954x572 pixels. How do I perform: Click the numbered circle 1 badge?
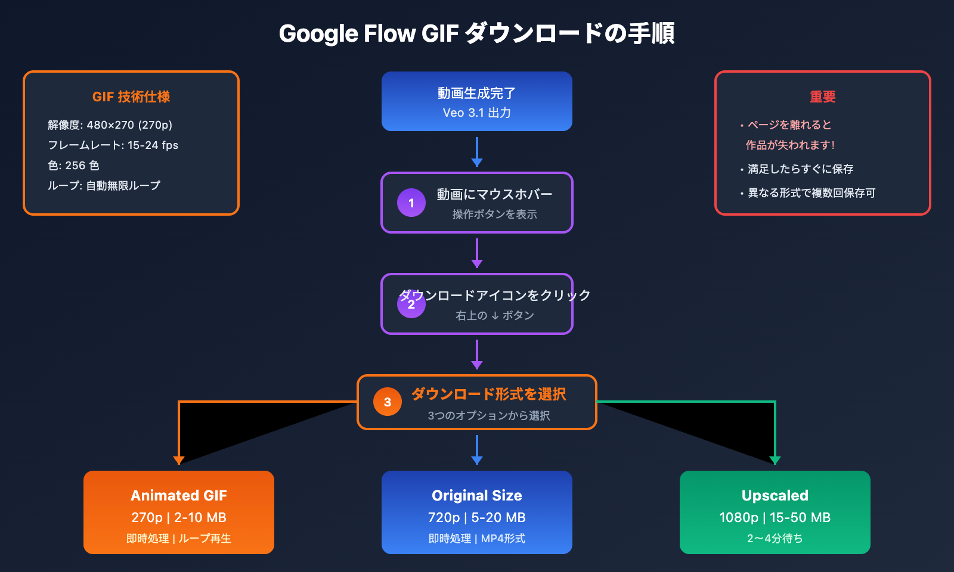pos(411,203)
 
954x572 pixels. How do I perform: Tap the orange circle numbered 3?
pos(388,402)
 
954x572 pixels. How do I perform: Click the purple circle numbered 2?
pos(411,304)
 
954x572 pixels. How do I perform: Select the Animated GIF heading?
pos(179,495)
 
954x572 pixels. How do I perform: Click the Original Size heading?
pos(477,495)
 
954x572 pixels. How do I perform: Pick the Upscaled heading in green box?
pos(775,495)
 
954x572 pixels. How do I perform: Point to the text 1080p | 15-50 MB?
pos(775,517)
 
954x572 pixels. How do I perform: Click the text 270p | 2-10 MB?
pos(179,517)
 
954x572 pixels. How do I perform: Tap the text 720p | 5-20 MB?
pos(477,517)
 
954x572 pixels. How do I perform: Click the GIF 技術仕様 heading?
pos(131,97)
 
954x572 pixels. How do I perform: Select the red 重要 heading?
pos(823,97)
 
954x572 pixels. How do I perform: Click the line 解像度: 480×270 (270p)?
pos(110,125)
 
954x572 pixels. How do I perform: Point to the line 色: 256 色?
pos(74,166)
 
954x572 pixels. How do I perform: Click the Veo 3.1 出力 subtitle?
pos(477,113)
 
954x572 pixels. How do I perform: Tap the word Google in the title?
pos(318,34)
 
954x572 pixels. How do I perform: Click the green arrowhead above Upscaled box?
pos(775,460)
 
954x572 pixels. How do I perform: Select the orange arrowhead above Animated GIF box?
pos(178,460)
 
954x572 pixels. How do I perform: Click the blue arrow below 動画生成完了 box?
pos(477,153)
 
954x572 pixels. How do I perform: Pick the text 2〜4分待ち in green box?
pos(775,539)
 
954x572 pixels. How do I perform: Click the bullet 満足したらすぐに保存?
pos(800,169)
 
